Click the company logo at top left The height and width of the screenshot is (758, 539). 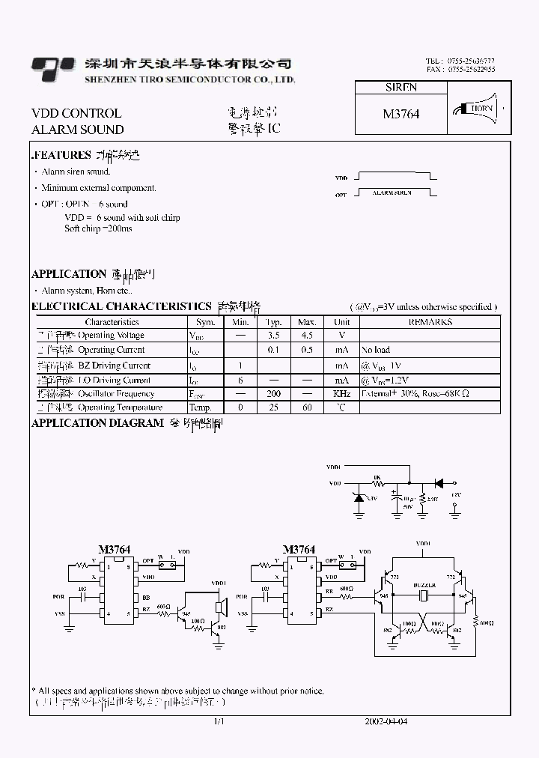52,68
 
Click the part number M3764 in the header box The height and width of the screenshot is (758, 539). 401,114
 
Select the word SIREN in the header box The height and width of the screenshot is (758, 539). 401,87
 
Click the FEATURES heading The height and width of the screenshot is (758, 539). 61,155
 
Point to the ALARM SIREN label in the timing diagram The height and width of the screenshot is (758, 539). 392,193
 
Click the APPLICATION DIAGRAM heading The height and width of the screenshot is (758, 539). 97,423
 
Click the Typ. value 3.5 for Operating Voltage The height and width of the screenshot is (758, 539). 273,335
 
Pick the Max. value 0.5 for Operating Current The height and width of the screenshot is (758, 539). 307,350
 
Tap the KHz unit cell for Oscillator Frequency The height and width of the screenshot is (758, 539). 341,393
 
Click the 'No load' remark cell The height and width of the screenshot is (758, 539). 375,350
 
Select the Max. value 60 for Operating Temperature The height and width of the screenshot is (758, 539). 307,407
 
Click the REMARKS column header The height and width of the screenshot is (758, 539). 430,321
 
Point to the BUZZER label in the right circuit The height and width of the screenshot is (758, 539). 424,584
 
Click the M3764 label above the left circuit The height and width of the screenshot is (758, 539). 115,549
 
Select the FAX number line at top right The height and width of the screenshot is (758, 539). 460,69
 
